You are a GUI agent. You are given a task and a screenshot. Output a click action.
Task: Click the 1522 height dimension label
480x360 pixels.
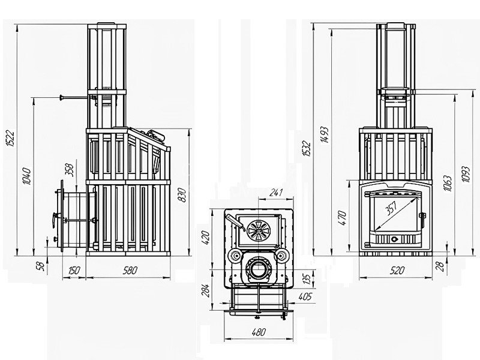(x=11, y=139)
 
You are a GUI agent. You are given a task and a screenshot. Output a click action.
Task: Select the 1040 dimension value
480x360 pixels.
(x=27, y=176)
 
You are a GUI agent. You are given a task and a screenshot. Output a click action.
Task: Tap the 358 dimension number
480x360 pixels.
(x=70, y=170)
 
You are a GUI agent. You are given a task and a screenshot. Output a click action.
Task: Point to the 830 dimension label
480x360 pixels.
(x=182, y=195)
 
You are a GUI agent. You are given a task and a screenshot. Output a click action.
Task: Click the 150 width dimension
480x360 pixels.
(x=74, y=271)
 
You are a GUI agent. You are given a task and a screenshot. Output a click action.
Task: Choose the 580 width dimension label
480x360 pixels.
(x=130, y=271)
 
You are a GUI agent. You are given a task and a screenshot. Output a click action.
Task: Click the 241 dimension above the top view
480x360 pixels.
(x=275, y=193)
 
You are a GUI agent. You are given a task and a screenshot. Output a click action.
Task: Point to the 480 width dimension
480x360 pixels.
(x=259, y=332)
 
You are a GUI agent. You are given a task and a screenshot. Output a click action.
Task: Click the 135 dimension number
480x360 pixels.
(x=308, y=278)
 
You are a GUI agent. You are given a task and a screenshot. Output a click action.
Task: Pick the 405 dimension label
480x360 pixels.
(x=305, y=296)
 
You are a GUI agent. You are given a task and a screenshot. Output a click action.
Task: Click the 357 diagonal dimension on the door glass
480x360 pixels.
(x=391, y=208)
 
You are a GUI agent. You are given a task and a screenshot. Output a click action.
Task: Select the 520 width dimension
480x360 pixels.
(x=397, y=271)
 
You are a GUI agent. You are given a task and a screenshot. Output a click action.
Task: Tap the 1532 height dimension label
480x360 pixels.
(x=307, y=149)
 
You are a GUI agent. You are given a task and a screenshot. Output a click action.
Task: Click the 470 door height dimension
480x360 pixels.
(x=343, y=218)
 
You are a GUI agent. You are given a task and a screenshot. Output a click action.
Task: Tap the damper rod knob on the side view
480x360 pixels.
(x=62, y=98)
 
